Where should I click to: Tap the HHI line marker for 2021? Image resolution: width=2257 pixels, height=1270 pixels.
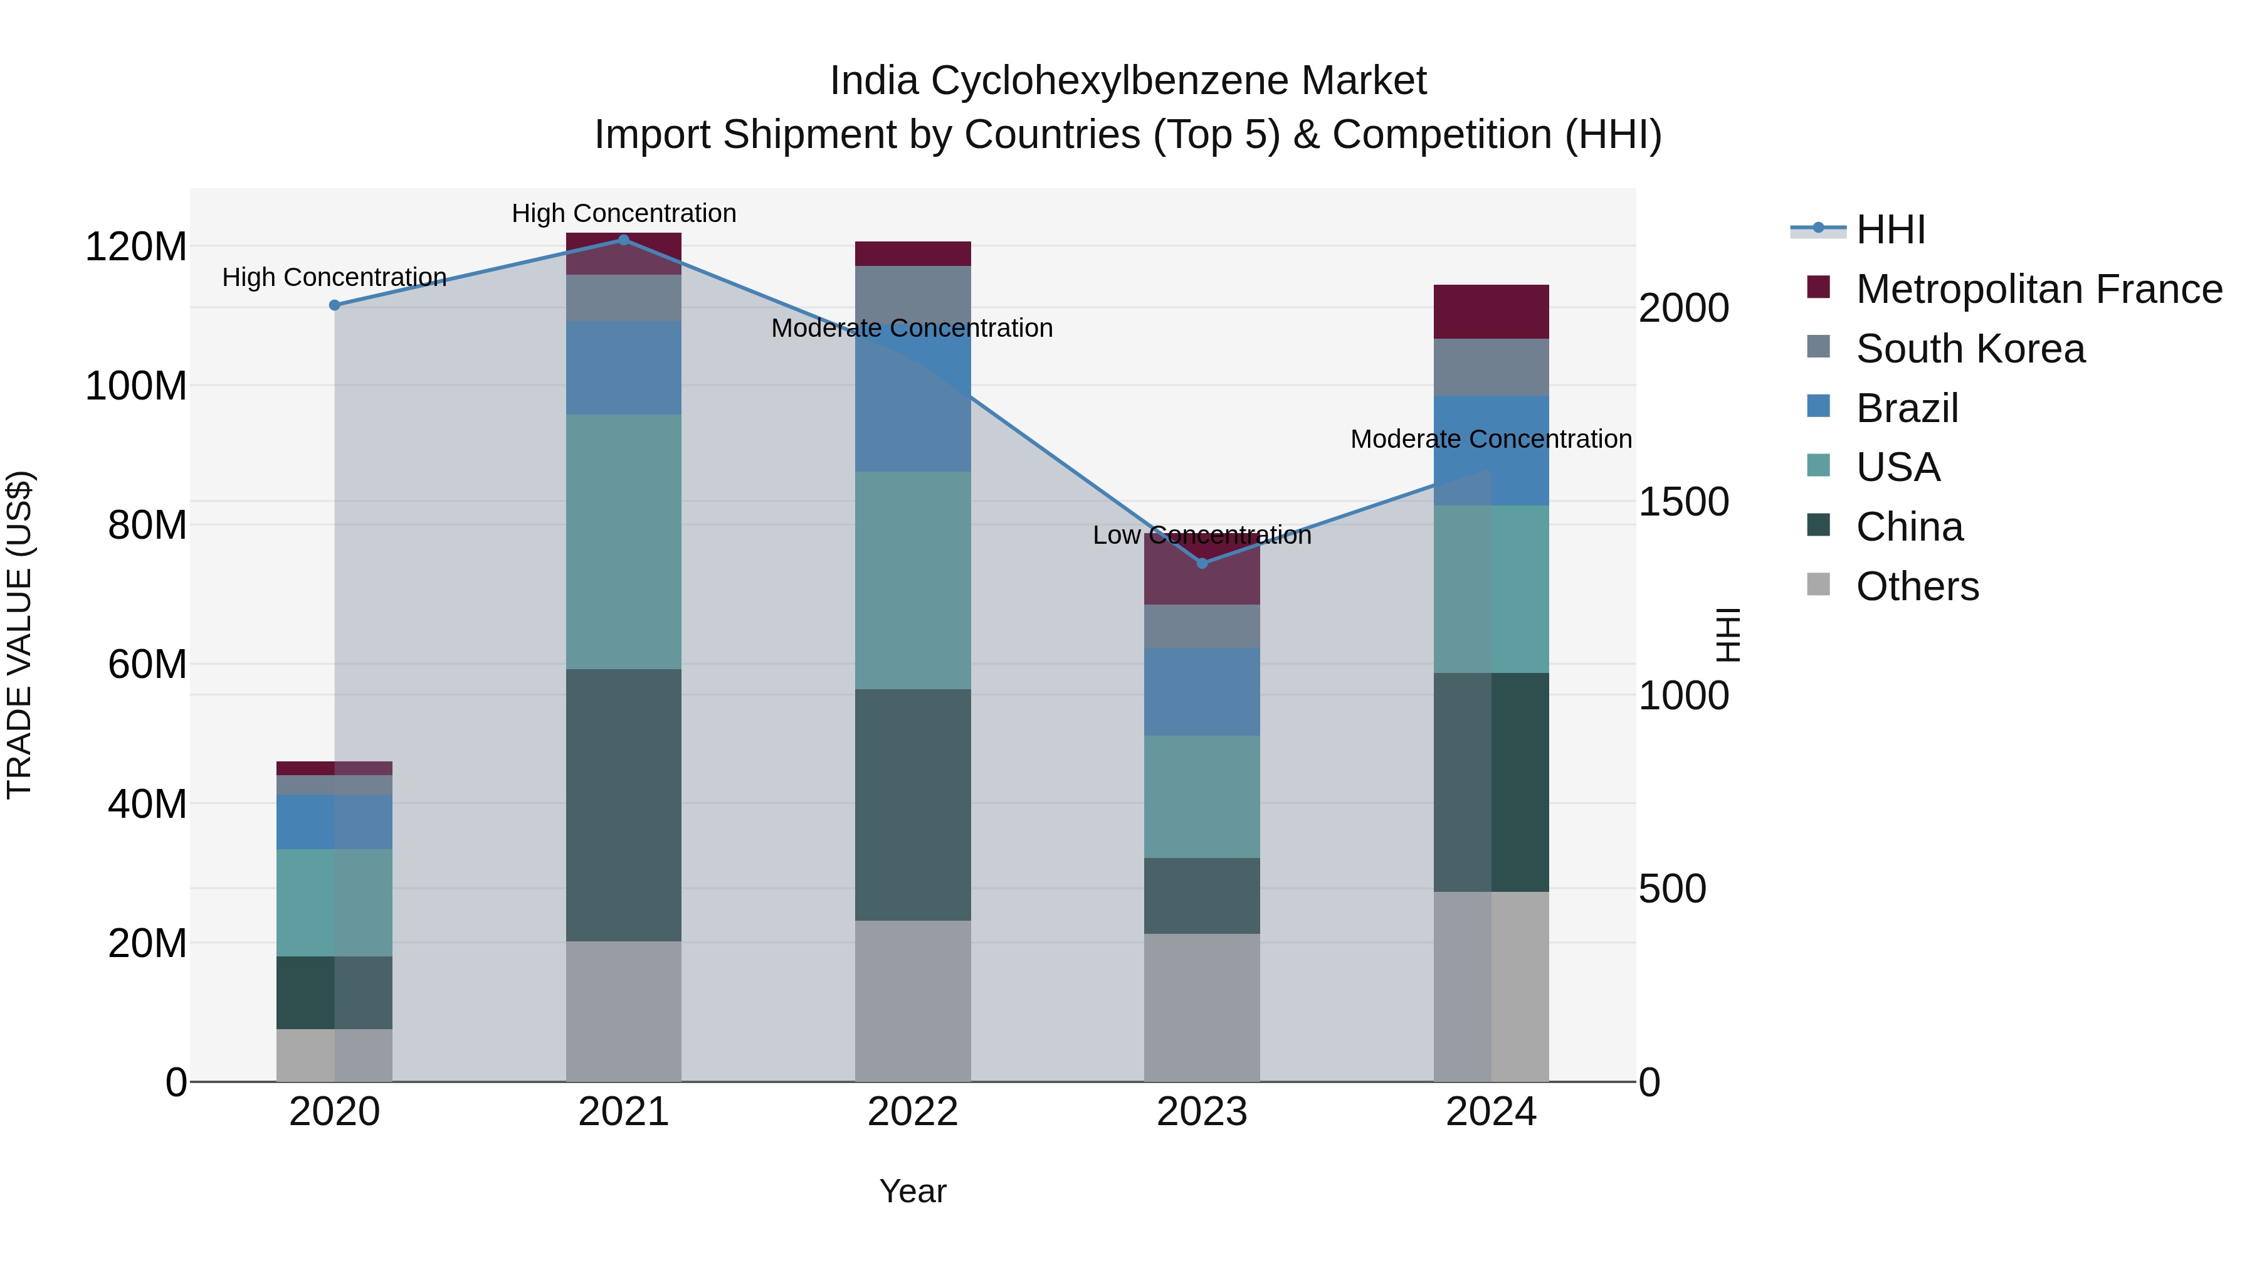pyautogui.click(x=623, y=240)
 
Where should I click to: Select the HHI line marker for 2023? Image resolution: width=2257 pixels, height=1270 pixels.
pyautogui.click(x=1202, y=563)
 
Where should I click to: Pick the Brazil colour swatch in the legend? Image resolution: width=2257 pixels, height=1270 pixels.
pyautogui.click(x=1818, y=406)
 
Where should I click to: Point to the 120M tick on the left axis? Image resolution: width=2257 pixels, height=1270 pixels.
pyautogui.click(x=136, y=247)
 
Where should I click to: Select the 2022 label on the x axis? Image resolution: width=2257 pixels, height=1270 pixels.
pyautogui.click(x=912, y=1112)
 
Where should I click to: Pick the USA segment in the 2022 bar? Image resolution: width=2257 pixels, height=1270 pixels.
pyautogui.click(x=912, y=580)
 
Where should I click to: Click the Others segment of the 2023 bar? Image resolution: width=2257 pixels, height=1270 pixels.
pyautogui.click(x=1201, y=1007)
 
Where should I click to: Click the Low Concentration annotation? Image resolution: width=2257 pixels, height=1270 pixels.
pyautogui.click(x=1201, y=534)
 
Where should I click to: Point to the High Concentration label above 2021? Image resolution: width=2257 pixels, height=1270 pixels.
pyautogui.click(x=623, y=213)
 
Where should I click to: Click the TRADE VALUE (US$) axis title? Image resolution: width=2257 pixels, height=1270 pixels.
pyautogui.click(x=19, y=635)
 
